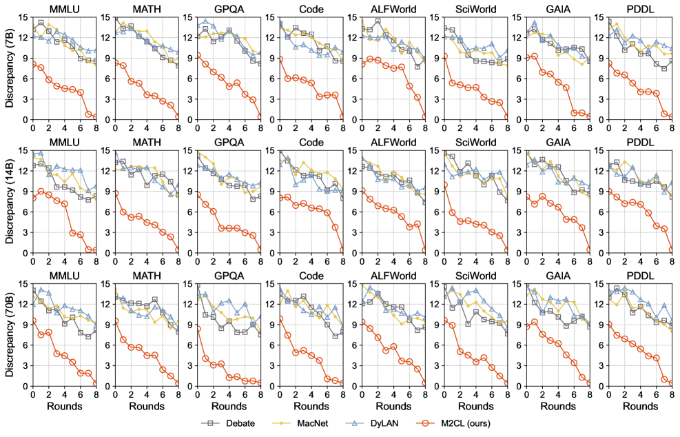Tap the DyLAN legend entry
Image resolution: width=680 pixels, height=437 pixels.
click(391, 423)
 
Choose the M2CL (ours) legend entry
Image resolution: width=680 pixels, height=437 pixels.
click(479, 423)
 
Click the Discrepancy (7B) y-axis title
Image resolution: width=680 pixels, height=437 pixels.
click(8, 68)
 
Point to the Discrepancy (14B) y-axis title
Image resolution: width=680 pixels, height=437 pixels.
click(8, 201)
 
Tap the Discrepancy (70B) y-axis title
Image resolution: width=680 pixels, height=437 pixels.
click(8, 335)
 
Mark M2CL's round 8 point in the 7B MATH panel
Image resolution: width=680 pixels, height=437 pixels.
click(178, 117)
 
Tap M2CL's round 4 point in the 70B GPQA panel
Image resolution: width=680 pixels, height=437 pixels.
click(228, 377)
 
